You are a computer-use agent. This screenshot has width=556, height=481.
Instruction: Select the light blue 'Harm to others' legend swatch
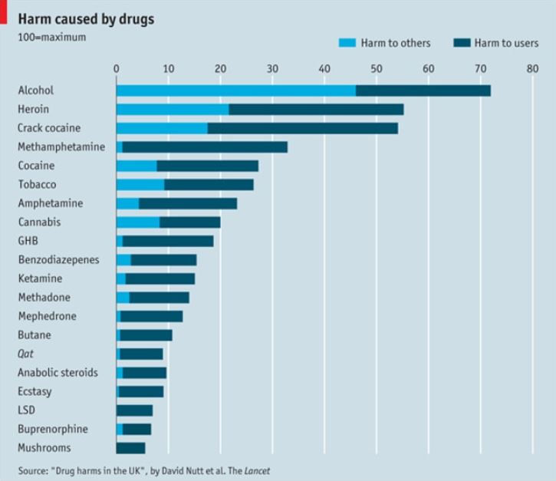pos(347,43)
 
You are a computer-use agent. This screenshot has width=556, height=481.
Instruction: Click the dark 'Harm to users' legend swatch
pos(462,43)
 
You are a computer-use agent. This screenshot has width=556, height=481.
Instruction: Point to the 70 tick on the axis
pos(480,68)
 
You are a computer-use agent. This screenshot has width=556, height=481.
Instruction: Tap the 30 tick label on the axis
pos(272,68)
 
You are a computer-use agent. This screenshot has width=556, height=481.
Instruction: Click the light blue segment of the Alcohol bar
pos(235,91)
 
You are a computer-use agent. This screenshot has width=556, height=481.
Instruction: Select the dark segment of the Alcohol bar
pos(423,91)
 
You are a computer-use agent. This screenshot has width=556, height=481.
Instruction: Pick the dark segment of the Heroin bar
pos(316,110)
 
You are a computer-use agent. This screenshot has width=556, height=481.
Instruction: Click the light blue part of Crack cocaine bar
pos(162,128)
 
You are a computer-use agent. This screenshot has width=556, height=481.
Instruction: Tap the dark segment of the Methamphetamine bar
pos(205,147)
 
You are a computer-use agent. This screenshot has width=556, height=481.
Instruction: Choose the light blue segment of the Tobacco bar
pos(140,185)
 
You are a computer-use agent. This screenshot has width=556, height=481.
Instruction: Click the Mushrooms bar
pos(130,448)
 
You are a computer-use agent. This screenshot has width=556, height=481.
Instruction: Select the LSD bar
pos(134,410)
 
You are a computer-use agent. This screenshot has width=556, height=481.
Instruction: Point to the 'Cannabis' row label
pos(38,222)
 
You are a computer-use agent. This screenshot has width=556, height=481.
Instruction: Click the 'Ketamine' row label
pos(40,278)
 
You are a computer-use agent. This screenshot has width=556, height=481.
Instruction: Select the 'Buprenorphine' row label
pos(52,429)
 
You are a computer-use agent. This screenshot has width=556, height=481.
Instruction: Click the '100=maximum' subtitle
pos(51,36)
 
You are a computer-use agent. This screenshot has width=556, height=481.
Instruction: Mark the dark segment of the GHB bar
pos(168,241)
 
